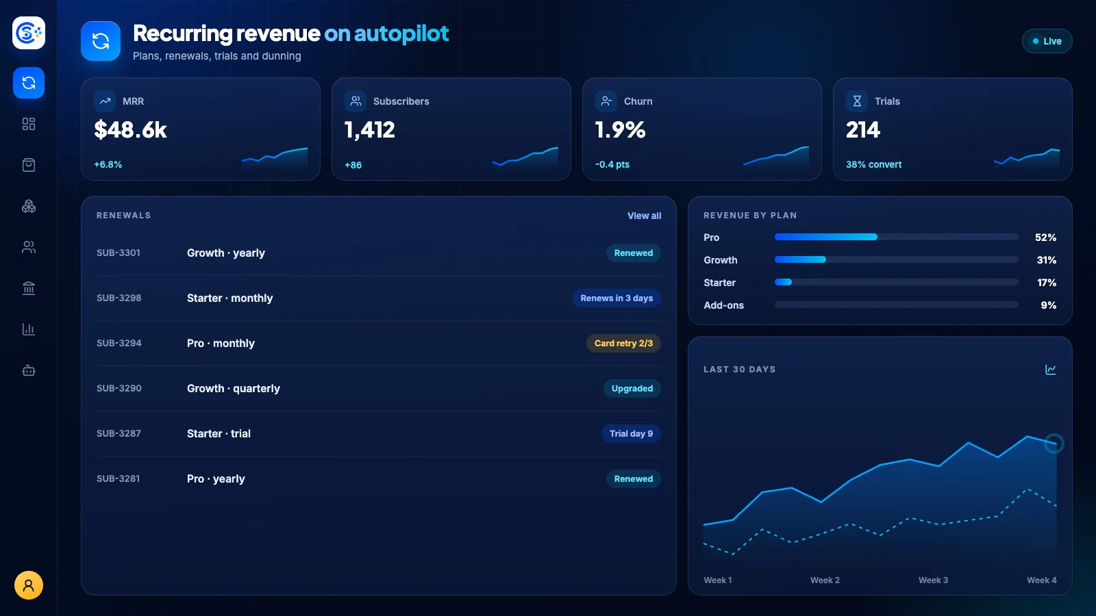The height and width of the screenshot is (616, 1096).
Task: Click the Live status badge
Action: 1047,41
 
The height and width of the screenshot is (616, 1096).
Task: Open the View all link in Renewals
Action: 644,216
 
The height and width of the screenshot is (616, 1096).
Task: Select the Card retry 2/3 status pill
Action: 623,343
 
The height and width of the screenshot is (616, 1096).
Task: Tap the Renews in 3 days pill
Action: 616,298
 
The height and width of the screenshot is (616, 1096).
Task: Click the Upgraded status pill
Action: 632,389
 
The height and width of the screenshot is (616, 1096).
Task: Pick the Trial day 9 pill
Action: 631,434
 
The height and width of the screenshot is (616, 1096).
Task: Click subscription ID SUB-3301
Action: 119,253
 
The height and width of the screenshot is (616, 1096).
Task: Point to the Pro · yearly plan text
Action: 216,478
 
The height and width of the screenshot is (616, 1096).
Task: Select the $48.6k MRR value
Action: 130,129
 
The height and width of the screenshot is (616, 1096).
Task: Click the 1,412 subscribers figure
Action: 369,129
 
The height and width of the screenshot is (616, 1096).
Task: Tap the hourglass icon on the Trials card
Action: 857,101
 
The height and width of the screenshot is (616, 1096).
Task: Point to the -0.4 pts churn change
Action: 612,164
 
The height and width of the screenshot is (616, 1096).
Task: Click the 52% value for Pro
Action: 1045,238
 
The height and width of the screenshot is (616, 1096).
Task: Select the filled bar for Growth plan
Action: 800,259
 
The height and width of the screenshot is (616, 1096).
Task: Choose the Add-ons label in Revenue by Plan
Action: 723,305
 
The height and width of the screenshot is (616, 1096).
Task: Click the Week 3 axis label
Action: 933,580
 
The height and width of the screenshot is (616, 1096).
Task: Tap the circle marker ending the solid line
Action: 1054,444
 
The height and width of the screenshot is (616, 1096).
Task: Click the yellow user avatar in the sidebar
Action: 28,585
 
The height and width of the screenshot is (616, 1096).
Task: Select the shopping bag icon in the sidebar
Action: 28,165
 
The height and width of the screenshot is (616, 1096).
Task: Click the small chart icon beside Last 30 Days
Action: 1051,370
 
